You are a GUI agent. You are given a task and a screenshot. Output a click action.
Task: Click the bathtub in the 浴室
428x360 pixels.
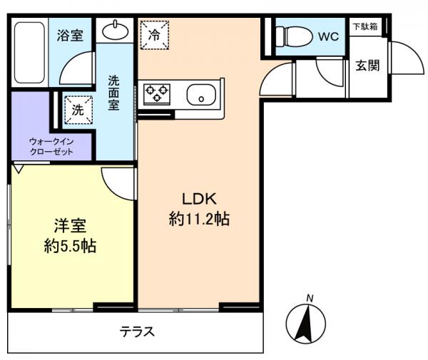click(x=29, y=52)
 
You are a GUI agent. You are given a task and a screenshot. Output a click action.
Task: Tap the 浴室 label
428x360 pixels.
click(x=70, y=35)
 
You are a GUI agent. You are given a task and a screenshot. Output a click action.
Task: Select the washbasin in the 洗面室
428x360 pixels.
click(x=115, y=30)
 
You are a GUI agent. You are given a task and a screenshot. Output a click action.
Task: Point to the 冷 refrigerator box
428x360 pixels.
click(x=155, y=35)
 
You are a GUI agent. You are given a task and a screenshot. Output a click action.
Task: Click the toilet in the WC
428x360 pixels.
click(x=294, y=36)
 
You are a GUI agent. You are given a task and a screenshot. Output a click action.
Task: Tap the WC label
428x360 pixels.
click(x=328, y=36)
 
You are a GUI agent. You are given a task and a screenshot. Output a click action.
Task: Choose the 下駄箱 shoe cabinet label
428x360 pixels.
click(x=365, y=26)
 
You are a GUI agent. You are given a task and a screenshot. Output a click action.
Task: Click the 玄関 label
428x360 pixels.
click(x=367, y=66)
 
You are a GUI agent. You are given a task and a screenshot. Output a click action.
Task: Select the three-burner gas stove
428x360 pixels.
click(x=157, y=94)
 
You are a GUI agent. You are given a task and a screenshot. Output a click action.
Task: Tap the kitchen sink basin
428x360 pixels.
click(x=201, y=95)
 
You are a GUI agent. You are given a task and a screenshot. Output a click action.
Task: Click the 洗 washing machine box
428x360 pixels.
click(x=78, y=110)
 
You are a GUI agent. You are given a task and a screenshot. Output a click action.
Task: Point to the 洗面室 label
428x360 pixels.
click(x=113, y=93)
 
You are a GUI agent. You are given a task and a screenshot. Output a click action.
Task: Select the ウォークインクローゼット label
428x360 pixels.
click(x=51, y=146)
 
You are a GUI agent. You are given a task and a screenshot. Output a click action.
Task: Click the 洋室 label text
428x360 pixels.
click(x=70, y=226)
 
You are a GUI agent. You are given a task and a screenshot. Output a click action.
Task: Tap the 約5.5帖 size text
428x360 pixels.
click(x=70, y=245)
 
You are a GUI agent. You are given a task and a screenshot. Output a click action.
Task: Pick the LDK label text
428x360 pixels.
click(x=199, y=199)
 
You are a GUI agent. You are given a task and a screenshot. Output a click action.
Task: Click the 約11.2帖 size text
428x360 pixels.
click(x=199, y=219)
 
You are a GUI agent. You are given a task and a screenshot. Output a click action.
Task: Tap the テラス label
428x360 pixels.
click(x=137, y=331)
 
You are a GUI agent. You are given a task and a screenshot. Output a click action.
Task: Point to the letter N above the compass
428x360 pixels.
click(x=310, y=299)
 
